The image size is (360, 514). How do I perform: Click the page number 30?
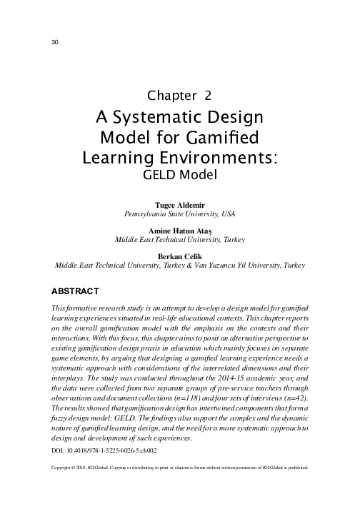click(x=55, y=41)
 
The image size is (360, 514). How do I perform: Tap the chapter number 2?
click(x=207, y=95)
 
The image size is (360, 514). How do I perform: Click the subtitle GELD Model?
click(x=179, y=173)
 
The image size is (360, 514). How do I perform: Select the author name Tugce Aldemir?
click(x=179, y=204)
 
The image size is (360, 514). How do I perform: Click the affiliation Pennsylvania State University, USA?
click(x=179, y=213)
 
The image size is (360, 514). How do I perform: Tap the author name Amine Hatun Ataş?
click(x=179, y=231)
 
